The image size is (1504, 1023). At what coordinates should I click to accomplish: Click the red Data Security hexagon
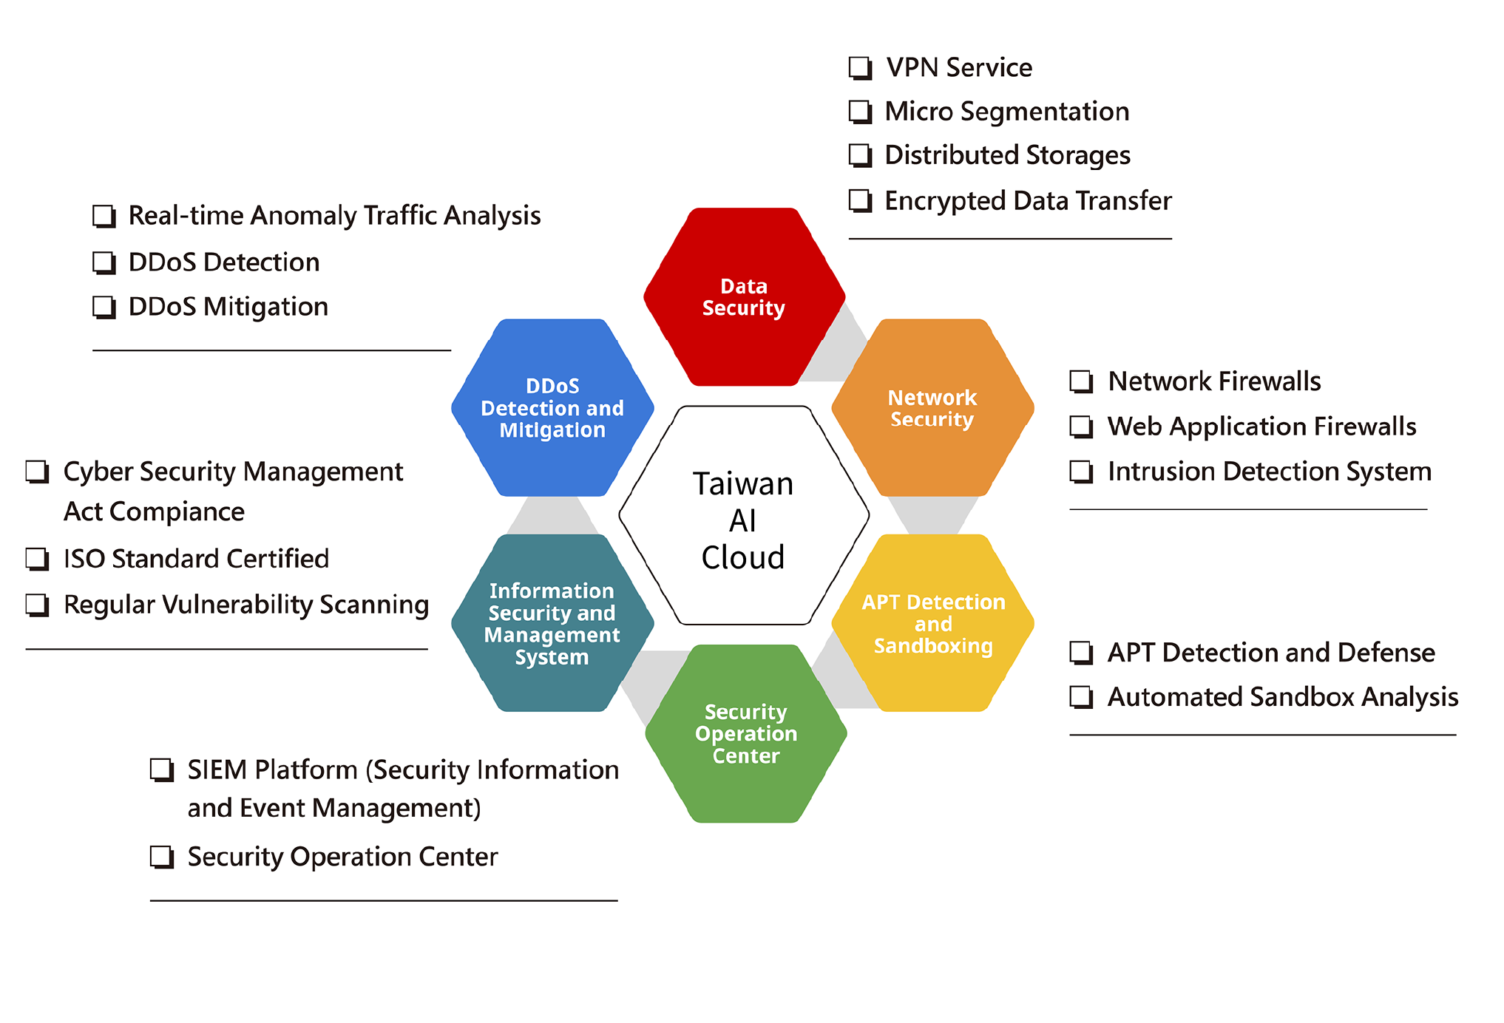[x=744, y=296]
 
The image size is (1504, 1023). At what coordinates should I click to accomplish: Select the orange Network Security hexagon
[x=932, y=407]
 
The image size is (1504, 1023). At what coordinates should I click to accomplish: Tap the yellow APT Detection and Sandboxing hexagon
[x=932, y=623]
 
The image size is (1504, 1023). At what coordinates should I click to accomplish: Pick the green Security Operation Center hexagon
[x=746, y=733]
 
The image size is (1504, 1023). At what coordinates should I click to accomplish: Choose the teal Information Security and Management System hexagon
[x=552, y=623]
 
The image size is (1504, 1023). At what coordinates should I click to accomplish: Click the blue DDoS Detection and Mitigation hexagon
[x=552, y=407]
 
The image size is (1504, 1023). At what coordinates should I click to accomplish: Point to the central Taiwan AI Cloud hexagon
[x=744, y=515]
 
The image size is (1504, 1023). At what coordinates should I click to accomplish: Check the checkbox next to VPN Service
[x=860, y=68]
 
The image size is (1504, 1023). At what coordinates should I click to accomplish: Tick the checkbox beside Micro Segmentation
[x=860, y=112]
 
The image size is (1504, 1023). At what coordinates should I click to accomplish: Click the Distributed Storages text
[x=1008, y=156]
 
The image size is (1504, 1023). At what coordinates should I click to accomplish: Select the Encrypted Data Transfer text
[x=1029, y=201]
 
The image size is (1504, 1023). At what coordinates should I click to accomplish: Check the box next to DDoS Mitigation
[x=104, y=307]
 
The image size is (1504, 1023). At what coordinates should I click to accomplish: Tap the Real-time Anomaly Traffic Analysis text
[x=335, y=216]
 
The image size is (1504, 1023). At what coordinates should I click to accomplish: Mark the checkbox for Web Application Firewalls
[x=1082, y=427]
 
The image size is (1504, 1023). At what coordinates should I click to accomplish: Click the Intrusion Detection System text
[x=1270, y=472]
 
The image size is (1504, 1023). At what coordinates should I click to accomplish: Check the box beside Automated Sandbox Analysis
[x=1082, y=698]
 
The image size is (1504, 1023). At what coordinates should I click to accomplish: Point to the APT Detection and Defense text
[x=1271, y=653]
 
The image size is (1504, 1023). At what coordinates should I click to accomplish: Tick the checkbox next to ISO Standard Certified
[x=38, y=559]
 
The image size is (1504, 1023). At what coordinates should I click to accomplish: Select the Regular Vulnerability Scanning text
[x=246, y=605]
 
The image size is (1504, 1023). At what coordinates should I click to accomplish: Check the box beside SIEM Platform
[x=162, y=770]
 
